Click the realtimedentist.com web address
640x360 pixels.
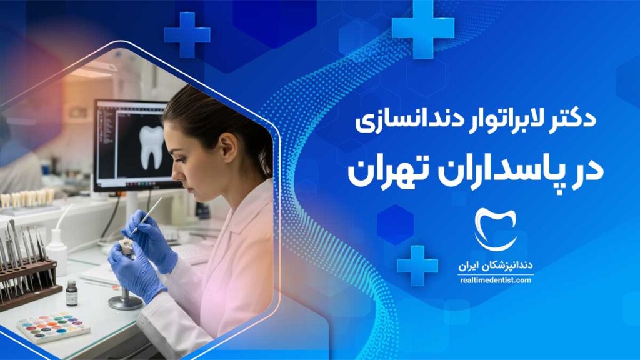pos(496,281)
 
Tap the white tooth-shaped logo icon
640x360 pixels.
pos(496,229)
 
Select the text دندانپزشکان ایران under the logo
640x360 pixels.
pos(496,266)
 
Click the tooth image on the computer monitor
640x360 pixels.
pos(151,147)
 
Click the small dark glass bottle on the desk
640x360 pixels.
pos(72,293)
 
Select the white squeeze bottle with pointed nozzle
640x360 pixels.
pos(56,249)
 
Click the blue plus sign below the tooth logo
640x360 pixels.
pos(417,266)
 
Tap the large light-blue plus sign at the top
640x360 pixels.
pos(423,29)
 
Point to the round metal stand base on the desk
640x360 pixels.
pos(125,302)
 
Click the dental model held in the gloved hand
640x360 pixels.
pos(126,249)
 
